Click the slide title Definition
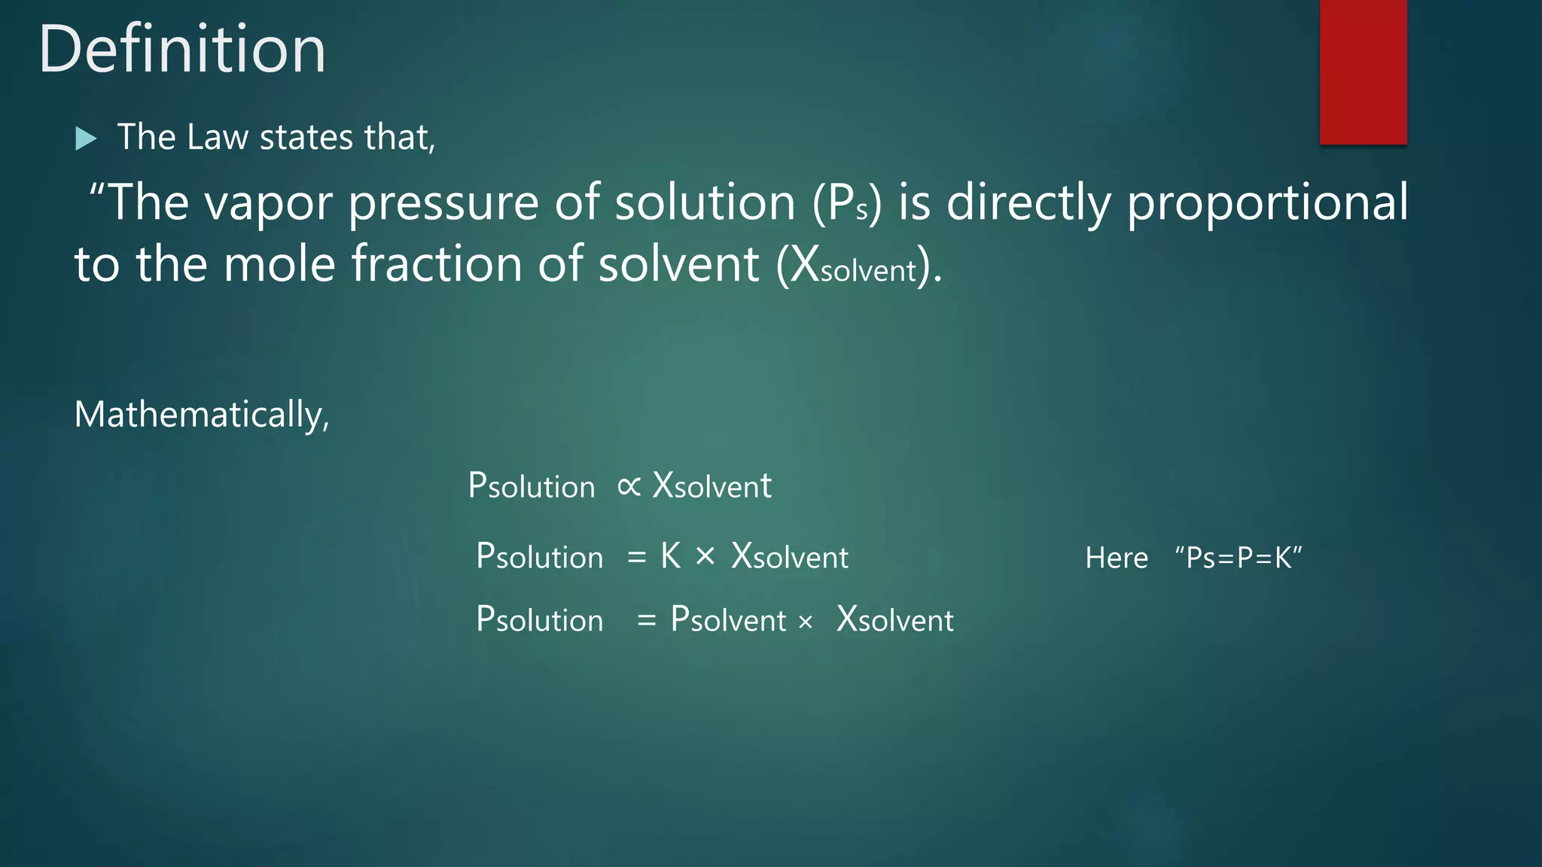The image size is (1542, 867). (x=182, y=50)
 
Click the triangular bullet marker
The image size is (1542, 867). (x=86, y=138)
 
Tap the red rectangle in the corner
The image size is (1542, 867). (x=1363, y=71)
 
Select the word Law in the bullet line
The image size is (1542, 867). (x=217, y=138)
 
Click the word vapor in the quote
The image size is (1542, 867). (x=267, y=203)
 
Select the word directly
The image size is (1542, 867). (x=1028, y=203)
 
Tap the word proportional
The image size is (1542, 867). (x=1267, y=203)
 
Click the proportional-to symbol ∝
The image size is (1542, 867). (x=629, y=486)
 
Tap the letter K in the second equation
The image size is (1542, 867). (x=670, y=557)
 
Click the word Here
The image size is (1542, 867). (x=1117, y=558)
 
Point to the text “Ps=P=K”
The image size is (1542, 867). (x=1239, y=558)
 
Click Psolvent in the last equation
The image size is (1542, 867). (x=728, y=620)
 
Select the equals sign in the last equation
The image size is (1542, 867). (x=646, y=621)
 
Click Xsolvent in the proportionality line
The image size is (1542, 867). (x=712, y=486)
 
